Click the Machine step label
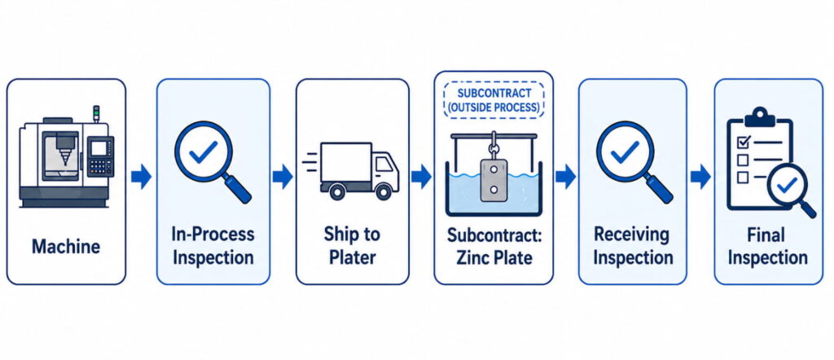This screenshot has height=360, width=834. (x=66, y=247)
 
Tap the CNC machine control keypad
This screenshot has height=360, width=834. (x=100, y=166)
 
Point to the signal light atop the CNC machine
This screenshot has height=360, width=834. (x=96, y=113)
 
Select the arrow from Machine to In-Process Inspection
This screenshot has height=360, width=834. (x=141, y=177)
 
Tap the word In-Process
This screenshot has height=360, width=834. (x=213, y=235)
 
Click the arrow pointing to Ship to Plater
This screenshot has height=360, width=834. (x=283, y=177)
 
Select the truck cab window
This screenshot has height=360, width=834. (x=384, y=165)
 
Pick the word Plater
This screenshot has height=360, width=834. (x=352, y=257)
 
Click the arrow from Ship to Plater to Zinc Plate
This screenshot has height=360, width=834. (x=421, y=177)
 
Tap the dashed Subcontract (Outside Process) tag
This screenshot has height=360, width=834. (x=494, y=100)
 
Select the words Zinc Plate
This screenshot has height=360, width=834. (x=494, y=258)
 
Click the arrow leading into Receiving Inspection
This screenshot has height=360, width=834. (x=565, y=177)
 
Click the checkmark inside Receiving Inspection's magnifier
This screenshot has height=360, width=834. (x=625, y=152)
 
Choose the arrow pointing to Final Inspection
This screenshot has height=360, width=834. (x=700, y=177)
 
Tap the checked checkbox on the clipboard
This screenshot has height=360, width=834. (x=743, y=142)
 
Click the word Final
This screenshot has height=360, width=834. (x=768, y=235)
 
